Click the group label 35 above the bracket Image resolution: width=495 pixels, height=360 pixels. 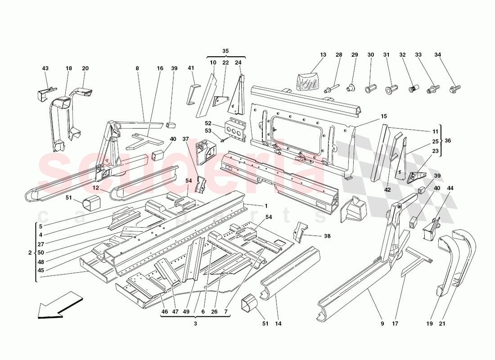(x=225, y=51)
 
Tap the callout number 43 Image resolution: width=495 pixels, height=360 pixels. (x=45, y=68)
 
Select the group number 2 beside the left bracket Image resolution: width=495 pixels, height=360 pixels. (x=30, y=253)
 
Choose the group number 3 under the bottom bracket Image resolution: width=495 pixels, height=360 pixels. (x=196, y=323)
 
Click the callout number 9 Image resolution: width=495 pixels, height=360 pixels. (x=382, y=323)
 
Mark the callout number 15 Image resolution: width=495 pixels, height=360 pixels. (x=383, y=117)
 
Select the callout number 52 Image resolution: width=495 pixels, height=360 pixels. (x=208, y=123)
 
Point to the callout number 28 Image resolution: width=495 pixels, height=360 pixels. (x=338, y=55)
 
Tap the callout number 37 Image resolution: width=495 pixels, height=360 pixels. (x=185, y=139)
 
